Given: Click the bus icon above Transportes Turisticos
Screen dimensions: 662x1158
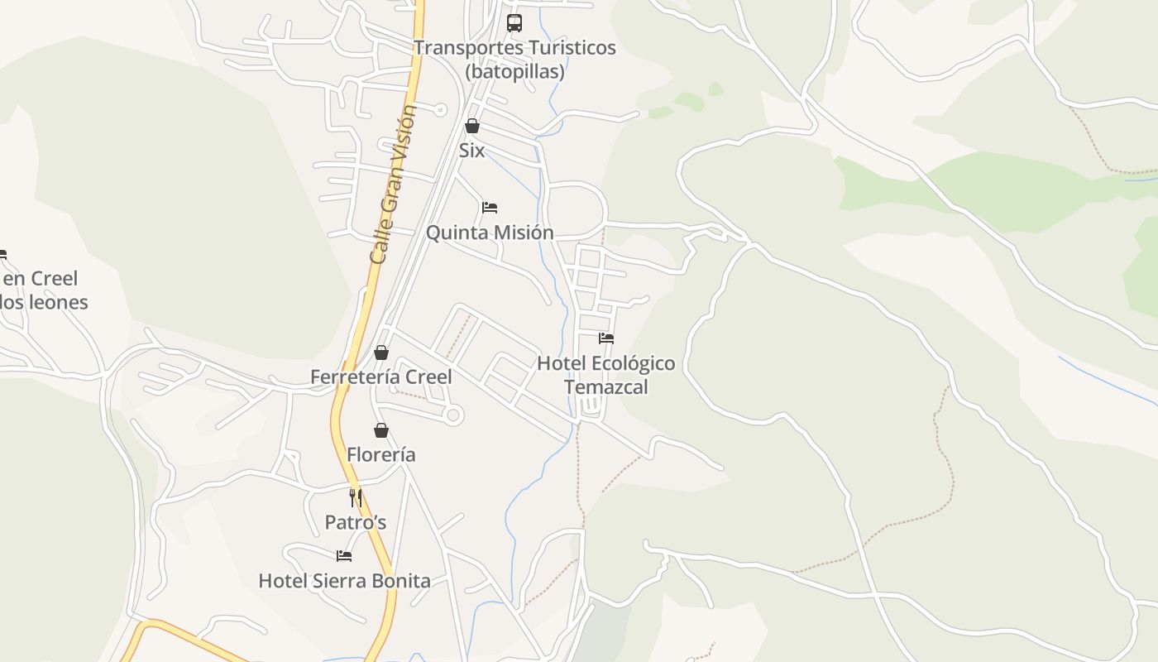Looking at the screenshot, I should click(514, 23).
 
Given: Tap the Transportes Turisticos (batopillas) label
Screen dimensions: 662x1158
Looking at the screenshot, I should click(514, 60).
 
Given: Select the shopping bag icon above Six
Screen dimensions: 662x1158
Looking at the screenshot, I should click(471, 126).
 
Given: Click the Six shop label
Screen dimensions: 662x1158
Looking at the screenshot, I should click(471, 151).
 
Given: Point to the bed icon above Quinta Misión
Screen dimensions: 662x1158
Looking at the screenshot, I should click(490, 207).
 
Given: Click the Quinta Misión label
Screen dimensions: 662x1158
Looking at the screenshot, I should click(490, 233).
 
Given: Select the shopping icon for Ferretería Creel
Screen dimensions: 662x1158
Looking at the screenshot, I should click(381, 353).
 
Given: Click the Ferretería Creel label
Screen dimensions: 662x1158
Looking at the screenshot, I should click(381, 377).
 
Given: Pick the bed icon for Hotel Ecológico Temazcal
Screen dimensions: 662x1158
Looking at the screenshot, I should click(606, 338).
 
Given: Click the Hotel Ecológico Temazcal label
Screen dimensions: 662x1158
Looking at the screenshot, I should click(606, 375).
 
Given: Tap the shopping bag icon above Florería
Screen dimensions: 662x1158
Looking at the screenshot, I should click(381, 430).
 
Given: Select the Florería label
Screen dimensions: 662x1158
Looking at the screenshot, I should click(381, 455).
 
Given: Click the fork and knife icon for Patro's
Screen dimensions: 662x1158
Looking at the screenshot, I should click(356, 497).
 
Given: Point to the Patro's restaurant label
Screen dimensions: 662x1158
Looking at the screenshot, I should click(356, 523).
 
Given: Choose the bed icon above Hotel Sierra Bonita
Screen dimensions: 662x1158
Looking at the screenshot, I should click(344, 555).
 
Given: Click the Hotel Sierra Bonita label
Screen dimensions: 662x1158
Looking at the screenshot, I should click(344, 581).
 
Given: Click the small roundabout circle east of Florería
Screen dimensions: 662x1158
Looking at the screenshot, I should click(452, 415).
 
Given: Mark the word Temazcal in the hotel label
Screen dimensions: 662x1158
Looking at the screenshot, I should click(606, 387).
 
